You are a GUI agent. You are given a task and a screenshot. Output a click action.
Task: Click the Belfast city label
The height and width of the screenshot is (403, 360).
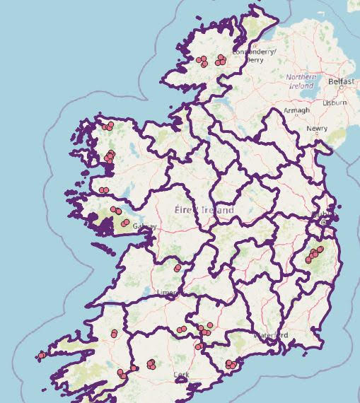click(341, 81)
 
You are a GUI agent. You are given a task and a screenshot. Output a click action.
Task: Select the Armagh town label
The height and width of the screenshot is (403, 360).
click(296, 110)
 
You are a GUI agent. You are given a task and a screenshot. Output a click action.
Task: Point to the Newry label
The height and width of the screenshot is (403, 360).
click(317, 129)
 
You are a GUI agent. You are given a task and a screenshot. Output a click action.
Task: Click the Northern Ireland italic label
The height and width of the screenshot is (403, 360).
click(300, 81)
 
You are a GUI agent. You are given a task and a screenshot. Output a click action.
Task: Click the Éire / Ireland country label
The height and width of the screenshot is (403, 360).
click(204, 210)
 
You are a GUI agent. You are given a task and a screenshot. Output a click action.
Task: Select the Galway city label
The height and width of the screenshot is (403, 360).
click(146, 226)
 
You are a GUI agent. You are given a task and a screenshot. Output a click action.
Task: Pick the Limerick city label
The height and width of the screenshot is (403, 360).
click(167, 292)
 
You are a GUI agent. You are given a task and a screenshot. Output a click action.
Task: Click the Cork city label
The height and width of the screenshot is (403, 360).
click(181, 375)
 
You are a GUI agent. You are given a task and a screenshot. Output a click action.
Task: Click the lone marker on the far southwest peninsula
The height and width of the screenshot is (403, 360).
click(42, 355)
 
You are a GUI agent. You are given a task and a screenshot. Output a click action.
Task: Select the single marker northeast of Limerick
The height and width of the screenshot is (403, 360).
click(178, 268)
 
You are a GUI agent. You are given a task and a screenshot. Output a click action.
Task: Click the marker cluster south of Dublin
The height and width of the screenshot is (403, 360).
click(313, 254)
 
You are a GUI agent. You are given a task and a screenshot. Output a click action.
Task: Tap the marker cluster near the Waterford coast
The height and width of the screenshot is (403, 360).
click(231, 365)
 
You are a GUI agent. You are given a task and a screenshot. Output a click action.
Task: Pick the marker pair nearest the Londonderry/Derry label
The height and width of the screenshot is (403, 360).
click(221, 59)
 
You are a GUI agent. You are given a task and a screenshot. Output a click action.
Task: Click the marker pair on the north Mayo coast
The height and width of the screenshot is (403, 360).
click(108, 127)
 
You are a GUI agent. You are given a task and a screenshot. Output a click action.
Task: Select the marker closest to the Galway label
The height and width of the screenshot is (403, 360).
click(125, 223)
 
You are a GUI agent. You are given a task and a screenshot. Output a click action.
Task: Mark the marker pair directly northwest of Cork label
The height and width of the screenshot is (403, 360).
click(151, 364)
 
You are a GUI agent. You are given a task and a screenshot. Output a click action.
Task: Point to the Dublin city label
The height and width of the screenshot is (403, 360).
click(326, 214)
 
